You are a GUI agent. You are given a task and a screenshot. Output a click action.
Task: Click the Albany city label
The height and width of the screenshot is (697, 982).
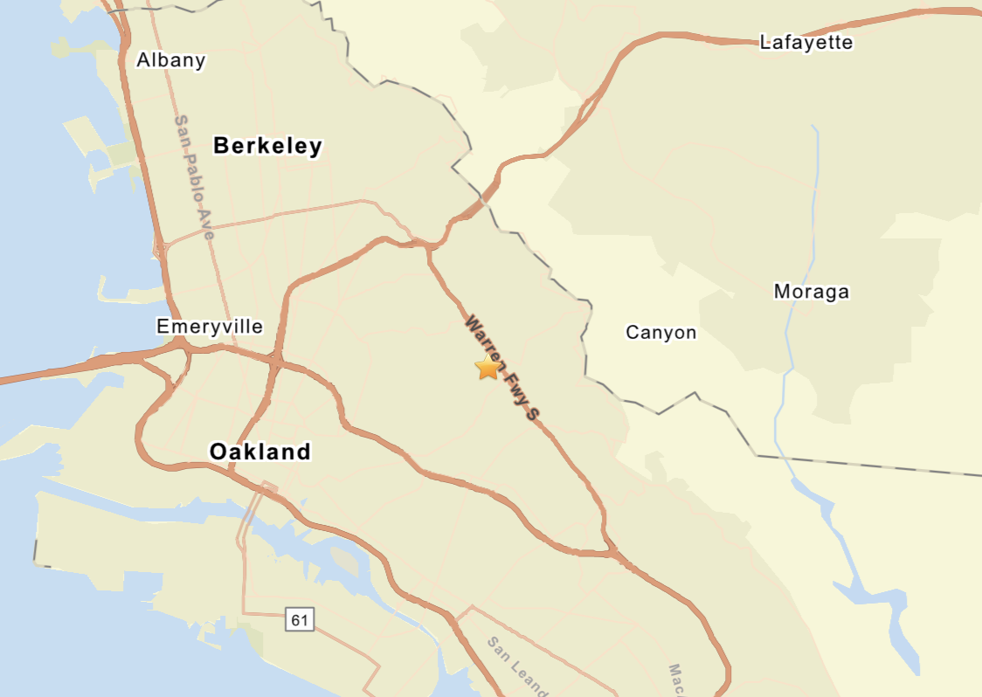coord(171,60)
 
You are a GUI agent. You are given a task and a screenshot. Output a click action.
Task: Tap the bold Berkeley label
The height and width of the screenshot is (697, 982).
coord(267,146)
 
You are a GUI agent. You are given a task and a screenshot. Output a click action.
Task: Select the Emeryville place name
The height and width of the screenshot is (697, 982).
coord(210,327)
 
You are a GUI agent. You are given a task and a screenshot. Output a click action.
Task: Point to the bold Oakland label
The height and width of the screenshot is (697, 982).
coord(260,452)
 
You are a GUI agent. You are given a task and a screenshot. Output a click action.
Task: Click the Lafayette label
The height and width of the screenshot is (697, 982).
coord(806,42)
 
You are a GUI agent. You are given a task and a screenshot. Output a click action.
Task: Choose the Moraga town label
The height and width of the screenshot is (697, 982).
coord(811,292)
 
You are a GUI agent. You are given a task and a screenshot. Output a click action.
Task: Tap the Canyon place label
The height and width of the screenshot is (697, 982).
coord(661,333)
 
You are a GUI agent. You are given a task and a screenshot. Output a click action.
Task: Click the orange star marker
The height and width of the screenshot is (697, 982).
coord(488,368)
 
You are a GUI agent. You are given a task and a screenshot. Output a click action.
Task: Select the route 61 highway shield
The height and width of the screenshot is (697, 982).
coord(300,620)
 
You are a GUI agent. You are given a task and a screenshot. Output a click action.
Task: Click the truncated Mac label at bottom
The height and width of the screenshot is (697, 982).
coord(676,679)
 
